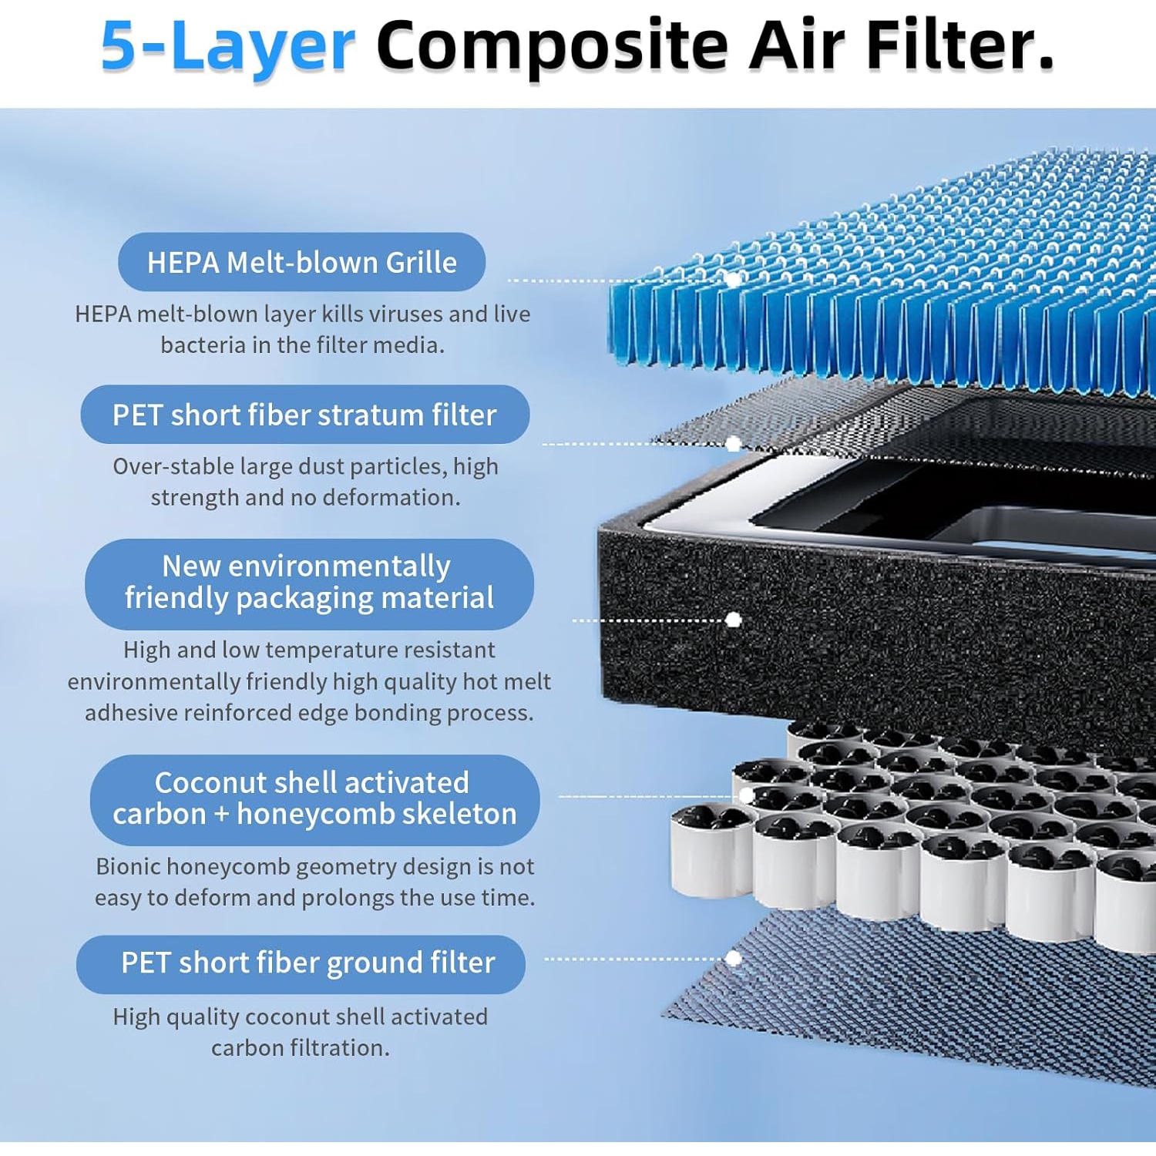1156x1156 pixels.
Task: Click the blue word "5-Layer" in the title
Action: tap(227, 46)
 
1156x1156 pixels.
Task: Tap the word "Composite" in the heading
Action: tap(552, 46)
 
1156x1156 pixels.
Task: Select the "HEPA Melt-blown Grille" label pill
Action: tap(301, 263)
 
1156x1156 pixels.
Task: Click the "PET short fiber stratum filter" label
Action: tap(304, 415)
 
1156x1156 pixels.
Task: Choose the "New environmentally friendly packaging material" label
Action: tap(309, 583)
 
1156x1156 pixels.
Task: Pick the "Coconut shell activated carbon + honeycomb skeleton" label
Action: tap(314, 798)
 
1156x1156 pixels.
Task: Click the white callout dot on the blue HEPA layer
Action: tap(734, 279)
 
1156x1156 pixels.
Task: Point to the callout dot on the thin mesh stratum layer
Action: tap(734, 443)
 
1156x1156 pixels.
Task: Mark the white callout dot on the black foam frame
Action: tap(734, 620)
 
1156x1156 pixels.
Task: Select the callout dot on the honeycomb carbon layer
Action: tap(746, 795)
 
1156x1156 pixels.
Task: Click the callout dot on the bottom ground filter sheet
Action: tap(734, 958)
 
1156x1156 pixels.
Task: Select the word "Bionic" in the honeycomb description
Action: tap(127, 867)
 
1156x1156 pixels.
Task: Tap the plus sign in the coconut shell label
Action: tap(221, 815)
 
